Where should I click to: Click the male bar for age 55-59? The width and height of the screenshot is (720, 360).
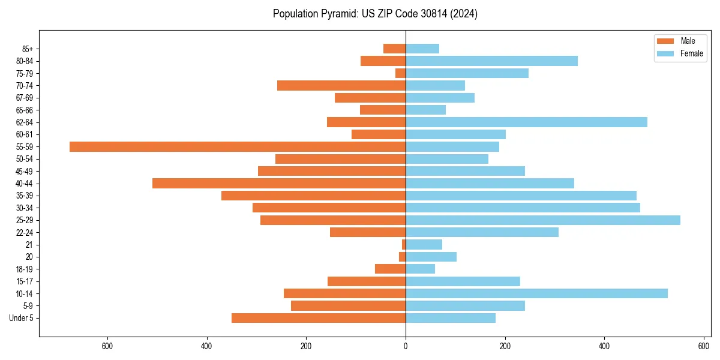[238, 147]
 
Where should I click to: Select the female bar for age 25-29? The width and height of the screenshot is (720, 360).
[543, 220]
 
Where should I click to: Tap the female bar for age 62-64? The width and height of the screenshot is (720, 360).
[526, 122]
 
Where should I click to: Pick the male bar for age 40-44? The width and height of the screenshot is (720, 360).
[279, 184]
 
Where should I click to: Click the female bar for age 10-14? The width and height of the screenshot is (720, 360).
[536, 293]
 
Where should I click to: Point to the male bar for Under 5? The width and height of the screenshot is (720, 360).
[319, 318]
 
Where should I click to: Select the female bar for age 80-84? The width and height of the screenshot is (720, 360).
[491, 61]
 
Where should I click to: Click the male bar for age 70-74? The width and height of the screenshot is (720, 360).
[341, 86]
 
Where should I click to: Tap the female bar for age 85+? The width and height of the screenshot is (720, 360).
[422, 49]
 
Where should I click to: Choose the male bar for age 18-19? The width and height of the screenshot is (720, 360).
[391, 269]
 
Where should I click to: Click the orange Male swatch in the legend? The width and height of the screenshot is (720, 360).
[666, 41]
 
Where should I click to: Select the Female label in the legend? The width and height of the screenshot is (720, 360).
[692, 53]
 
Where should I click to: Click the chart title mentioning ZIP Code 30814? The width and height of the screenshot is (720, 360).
[375, 14]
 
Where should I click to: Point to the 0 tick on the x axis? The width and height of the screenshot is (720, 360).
[406, 346]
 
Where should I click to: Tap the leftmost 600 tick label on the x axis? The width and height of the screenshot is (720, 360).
[107, 346]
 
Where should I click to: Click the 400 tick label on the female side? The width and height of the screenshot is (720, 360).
[604, 346]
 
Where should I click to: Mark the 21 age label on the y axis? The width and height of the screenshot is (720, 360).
[29, 245]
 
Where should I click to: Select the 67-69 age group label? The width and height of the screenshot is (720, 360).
[25, 98]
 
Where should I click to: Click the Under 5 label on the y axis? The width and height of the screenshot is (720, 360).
[21, 318]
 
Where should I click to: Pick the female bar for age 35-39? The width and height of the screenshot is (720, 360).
[521, 196]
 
